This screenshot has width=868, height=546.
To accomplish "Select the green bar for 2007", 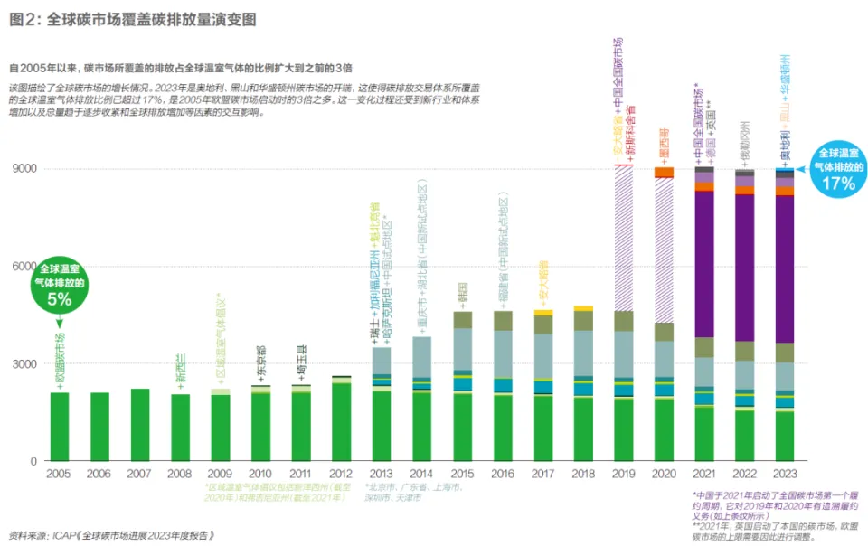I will pos(140,425).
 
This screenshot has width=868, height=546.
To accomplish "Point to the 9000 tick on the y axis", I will pos(24,169).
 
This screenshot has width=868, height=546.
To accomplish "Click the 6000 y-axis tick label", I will pos(24,267).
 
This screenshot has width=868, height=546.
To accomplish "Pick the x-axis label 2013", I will pos(382,475).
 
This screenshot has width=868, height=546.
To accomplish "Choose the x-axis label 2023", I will pos(784,475).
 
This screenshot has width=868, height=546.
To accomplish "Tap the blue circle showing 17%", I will pos(837,167).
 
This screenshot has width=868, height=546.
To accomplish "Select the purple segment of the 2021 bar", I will pos(703,262).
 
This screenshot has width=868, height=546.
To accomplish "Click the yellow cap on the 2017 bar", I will pos(542,312).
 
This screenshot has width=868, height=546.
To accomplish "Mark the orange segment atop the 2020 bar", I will pos(664,172).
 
